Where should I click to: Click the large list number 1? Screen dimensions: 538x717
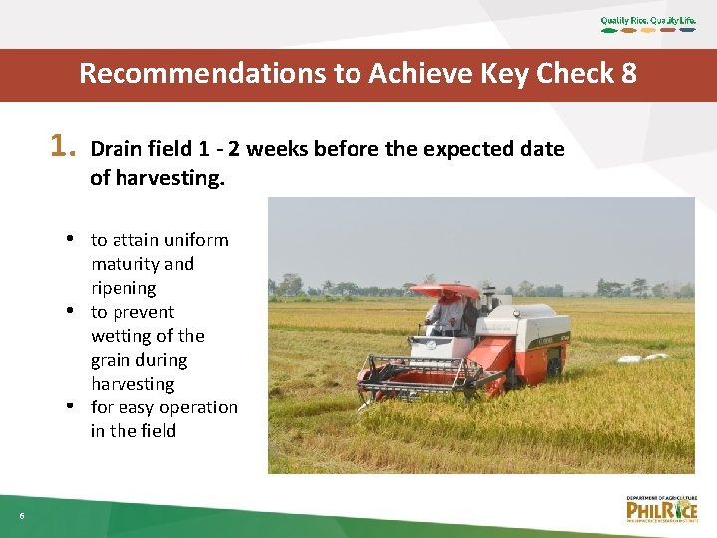click(x=62, y=147)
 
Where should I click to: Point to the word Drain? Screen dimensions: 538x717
click(x=115, y=149)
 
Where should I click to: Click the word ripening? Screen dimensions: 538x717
click(x=123, y=288)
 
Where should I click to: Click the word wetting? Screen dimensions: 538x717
click(x=120, y=336)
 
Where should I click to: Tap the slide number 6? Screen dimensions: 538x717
click(x=21, y=515)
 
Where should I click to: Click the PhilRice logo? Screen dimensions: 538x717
click(x=661, y=509)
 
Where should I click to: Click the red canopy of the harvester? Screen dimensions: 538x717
click(x=444, y=291)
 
